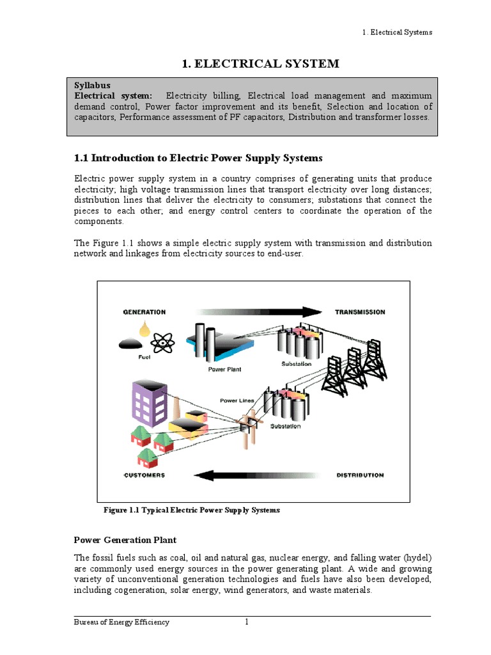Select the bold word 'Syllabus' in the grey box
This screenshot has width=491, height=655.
pyautogui.click(x=92, y=85)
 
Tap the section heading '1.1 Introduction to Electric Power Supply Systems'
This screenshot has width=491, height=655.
pyautogui.click(x=199, y=158)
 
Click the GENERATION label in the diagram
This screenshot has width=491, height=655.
pyautogui.click(x=144, y=312)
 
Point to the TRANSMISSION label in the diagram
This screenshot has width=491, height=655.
pyautogui.click(x=360, y=312)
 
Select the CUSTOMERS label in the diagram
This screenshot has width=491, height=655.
pyautogui.click(x=144, y=475)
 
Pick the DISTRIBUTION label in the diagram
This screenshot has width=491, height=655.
pyautogui.click(x=360, y=475)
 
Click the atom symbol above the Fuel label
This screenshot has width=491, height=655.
pyautogui.click(x=164, y=343)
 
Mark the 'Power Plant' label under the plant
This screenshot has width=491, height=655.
pyautogui.click(x=224, y=369)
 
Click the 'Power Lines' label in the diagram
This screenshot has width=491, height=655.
pyautogui.click(x=237, y=400)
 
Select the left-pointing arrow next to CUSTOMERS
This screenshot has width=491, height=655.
pyautogui.click(x=256, y=475)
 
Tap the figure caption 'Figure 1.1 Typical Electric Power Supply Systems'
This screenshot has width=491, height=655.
pyautogui.click(x=191, y=510)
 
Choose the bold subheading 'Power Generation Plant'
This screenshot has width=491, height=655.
pyautogui.click(x=125, y=541)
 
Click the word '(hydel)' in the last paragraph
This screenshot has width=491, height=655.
pyautogui.click(x=416, y=557)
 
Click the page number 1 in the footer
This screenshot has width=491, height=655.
pyautogui.click(x=246, y=622)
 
